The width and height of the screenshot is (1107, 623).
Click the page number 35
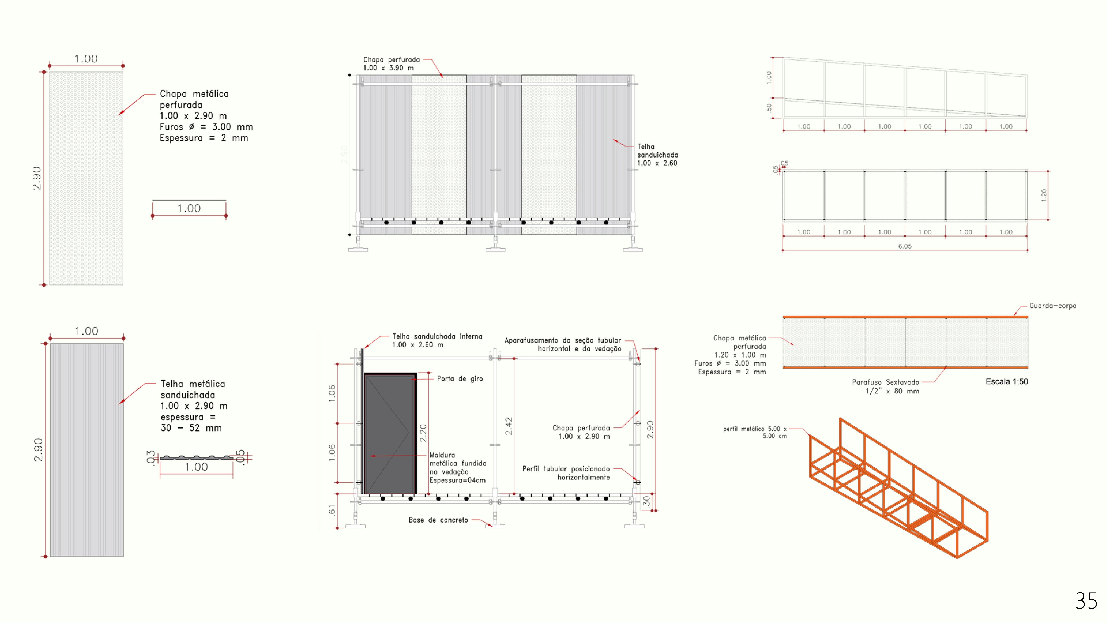tap(1086, 601)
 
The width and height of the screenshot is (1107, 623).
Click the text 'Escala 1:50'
tap(1006, 381)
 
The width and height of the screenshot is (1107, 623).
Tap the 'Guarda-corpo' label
tap(1052, 306)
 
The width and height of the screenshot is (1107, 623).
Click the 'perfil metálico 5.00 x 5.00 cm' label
tap(755, 432)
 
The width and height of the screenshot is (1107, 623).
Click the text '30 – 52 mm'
tap(191, 428)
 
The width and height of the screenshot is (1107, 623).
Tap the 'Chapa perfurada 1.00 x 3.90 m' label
tap(391, 64)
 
